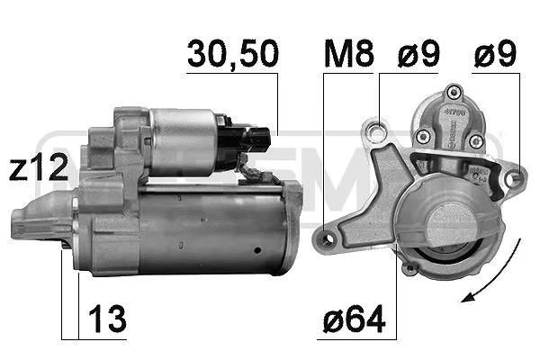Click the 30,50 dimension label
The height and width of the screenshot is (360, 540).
pyautogui.click(x=232, y=56)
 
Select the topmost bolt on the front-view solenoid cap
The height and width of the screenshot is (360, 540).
pyautogui.click(x=454, y=91)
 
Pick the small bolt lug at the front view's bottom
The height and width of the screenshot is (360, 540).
pyautogui.click(x=411, y=268)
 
